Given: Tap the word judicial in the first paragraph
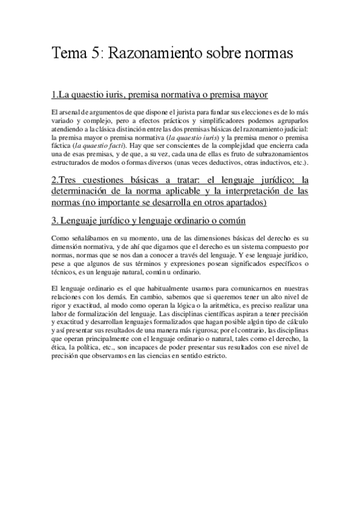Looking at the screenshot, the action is coord(293,129).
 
